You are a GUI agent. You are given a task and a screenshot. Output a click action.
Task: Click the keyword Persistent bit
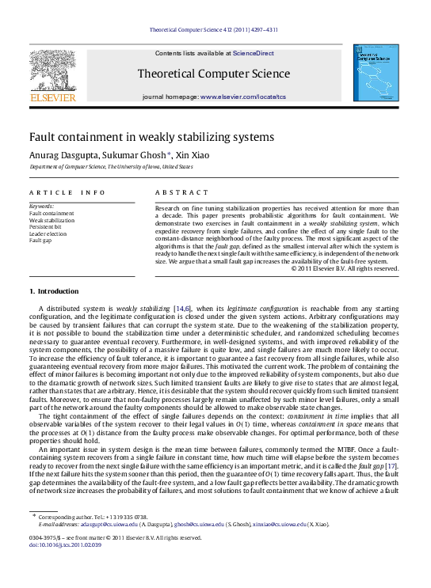click(47, 226)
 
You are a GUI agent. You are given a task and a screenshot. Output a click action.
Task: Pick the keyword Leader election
click(48, 233)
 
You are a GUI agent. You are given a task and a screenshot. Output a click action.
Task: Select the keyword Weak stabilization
click(52, 219)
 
